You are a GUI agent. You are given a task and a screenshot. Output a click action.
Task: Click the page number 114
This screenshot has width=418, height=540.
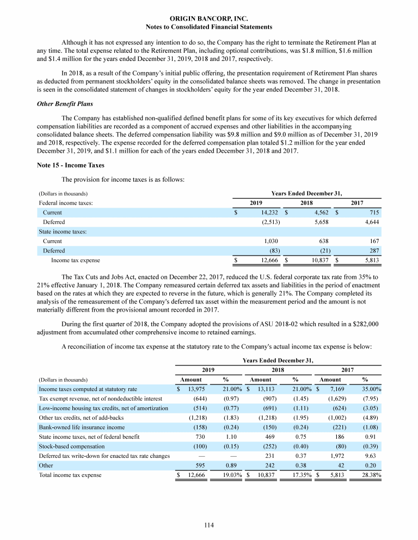click(209, 525)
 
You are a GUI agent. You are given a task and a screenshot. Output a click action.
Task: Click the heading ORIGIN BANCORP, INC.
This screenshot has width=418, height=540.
click(209, 18)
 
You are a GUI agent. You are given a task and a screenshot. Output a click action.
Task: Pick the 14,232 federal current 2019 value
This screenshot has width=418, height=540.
click(269, 212)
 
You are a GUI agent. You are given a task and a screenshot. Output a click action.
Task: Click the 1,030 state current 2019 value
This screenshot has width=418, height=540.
click(271, 241)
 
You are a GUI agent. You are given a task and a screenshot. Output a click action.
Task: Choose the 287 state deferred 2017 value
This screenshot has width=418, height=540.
click(373, 251)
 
